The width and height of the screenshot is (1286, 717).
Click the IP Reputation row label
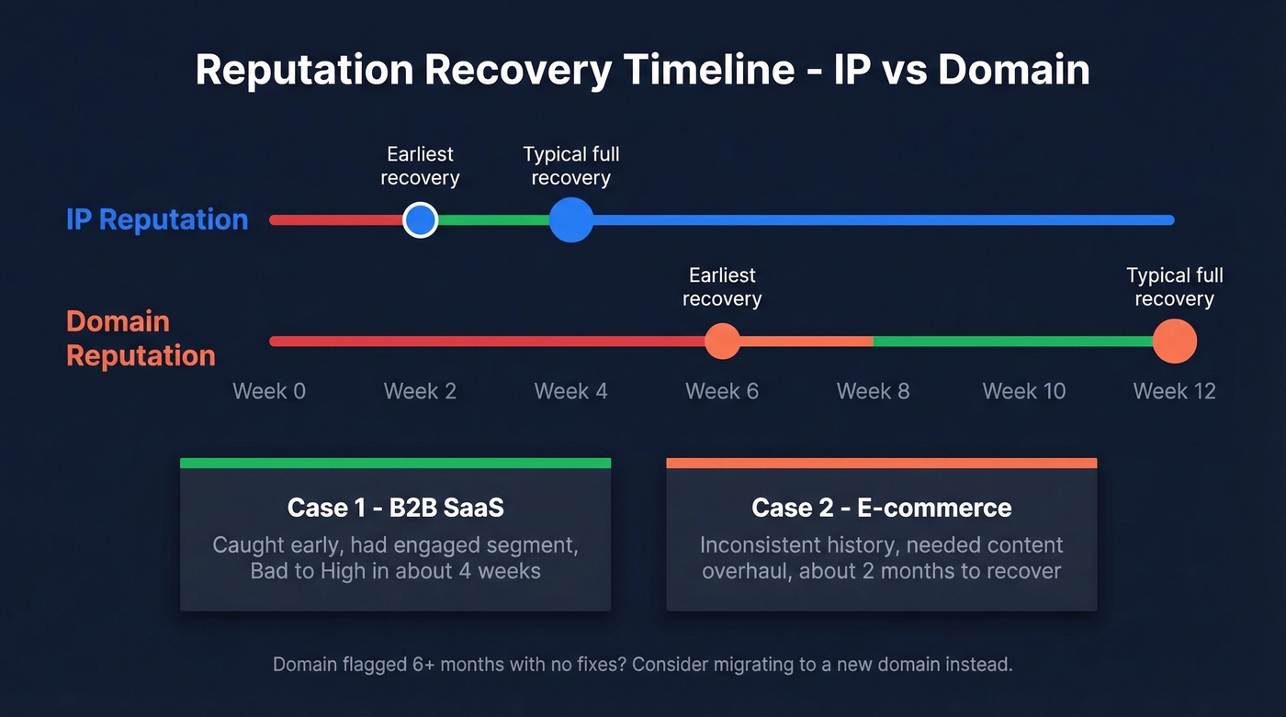click(157, 219)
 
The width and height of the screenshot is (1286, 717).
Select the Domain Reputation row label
click(141, 338)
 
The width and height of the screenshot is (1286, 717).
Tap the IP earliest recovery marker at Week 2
click(421, 220)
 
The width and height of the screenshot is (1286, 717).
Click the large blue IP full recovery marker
click(571, 220)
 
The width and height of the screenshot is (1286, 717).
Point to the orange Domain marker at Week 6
click(722, 342)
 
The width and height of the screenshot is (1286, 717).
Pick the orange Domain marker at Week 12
click(1174, 342)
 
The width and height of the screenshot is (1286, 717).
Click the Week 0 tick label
click(269, 391)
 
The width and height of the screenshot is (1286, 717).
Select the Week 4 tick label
click(570, 391)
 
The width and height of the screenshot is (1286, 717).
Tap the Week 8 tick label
click(873, 391)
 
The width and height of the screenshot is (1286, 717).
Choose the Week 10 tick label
click(1023, 391)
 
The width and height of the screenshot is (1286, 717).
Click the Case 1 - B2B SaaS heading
click(395, 508)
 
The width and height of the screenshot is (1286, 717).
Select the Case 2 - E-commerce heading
click(881, 508)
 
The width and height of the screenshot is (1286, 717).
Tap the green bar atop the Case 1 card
click(395, 464)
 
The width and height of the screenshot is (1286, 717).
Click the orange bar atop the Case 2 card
click(881, 464)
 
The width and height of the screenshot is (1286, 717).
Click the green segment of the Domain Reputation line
click(1010, 342)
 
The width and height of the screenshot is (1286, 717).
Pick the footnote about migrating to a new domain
click(642, 664)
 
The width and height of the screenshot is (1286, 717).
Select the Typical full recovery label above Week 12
click(1174, 287)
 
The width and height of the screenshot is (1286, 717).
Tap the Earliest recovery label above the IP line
click(420, 166)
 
